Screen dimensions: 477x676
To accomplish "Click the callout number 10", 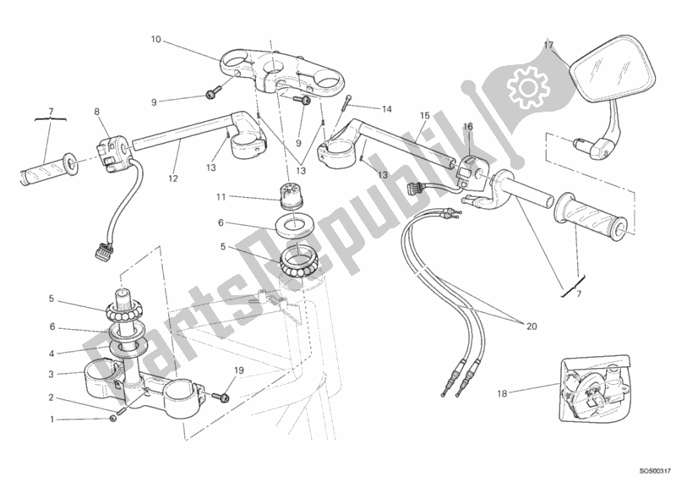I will pyautogui.click(x=155, y=39).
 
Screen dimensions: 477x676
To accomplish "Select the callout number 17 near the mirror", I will pyautogui.click(x=548, y=45).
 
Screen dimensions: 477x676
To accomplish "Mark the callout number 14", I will pyautogui.click(x=386, y=109).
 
